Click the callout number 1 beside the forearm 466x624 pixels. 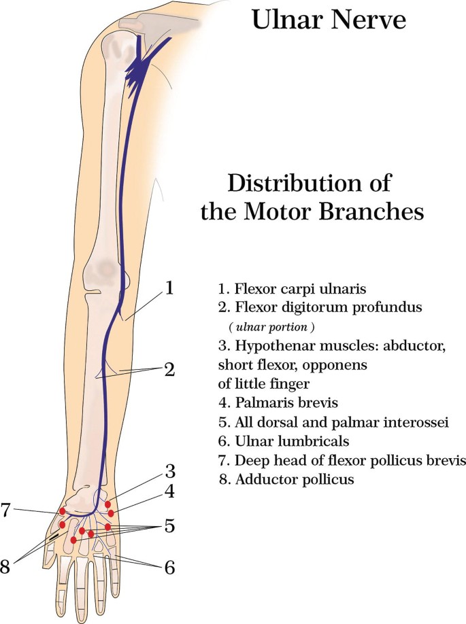(x=169, y=288)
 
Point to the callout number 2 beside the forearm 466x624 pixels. (x=169, y=370)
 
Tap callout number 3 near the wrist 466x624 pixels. (x=169, y=470)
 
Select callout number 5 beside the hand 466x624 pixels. (x=169, y=526)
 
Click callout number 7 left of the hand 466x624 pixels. (x=5, y=509)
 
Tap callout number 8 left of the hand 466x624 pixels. (x=5, y=566)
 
